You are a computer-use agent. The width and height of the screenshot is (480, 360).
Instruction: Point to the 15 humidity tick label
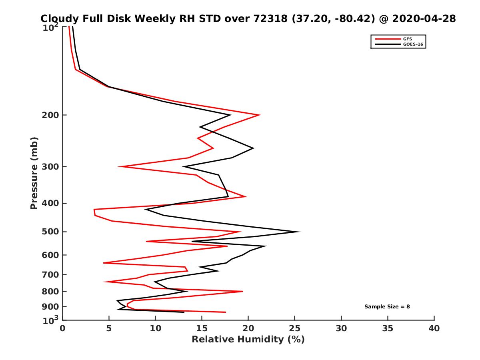point(202,329)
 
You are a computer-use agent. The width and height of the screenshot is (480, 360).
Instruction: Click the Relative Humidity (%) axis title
point(248,340)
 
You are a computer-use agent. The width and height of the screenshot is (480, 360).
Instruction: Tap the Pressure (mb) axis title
point(34,173)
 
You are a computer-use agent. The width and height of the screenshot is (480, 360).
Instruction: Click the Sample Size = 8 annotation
point(387,307)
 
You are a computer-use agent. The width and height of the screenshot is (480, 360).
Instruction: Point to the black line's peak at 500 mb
point(300,232)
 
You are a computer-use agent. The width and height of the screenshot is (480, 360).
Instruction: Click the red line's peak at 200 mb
point(260,115)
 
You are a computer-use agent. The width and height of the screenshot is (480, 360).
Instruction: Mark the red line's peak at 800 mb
point(242,291)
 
